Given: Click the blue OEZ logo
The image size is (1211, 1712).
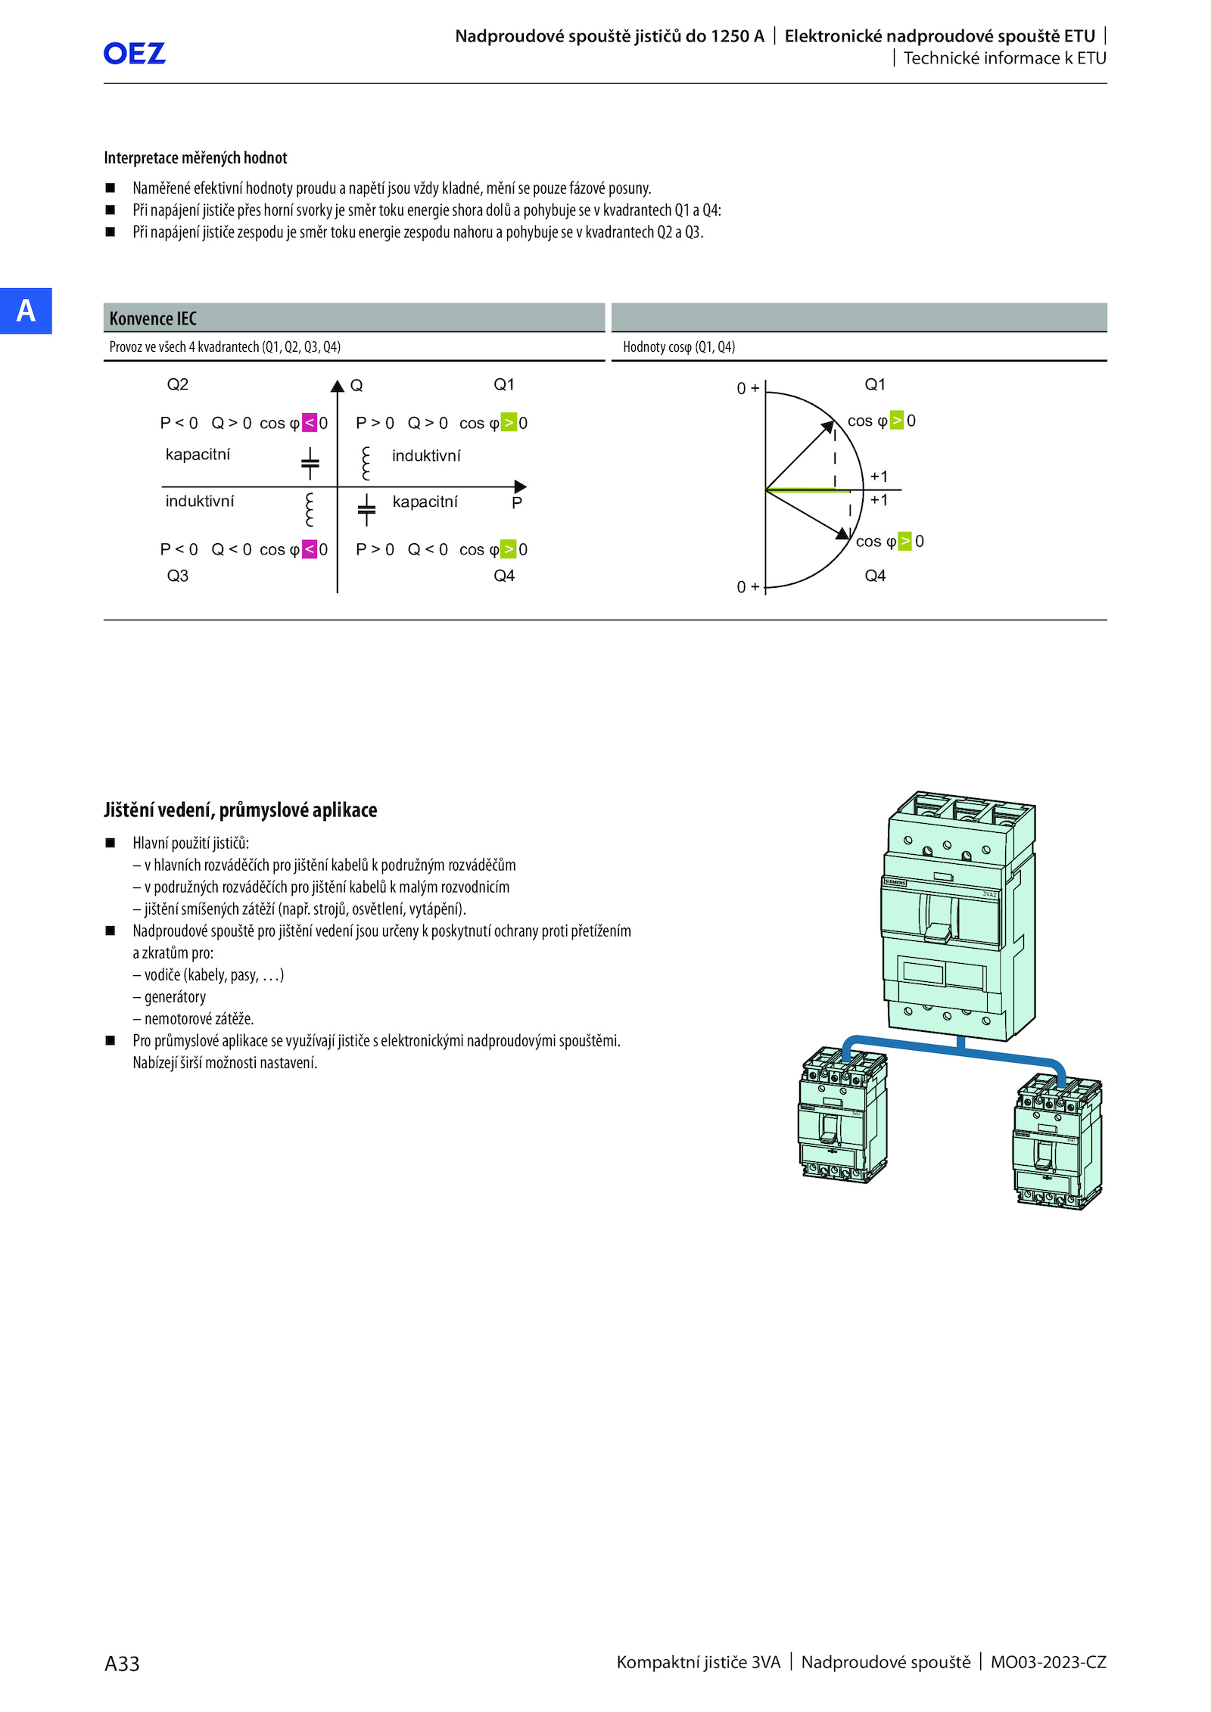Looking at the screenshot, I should pos(134,53).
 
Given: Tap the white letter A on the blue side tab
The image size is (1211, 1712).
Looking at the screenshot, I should pos(26,311).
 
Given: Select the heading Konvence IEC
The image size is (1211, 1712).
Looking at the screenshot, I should pos(153,318).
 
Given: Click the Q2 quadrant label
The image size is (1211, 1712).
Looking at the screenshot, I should pos(178,384).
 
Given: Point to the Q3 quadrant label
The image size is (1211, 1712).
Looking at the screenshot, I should pos(178,576).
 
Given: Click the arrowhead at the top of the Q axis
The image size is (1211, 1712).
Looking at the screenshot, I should pos(338,387).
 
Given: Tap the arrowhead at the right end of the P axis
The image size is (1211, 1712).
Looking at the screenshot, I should pos(520,486).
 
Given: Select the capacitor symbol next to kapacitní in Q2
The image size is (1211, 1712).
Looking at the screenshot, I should pos(310,464).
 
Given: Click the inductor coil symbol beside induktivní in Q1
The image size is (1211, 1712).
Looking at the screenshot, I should pos(366,463).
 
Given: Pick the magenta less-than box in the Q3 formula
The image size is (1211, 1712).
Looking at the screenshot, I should pos(310,549).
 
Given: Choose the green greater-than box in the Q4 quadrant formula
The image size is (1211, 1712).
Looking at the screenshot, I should pos(509,549).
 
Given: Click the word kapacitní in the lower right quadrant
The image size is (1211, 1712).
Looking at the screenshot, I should pos(425,502).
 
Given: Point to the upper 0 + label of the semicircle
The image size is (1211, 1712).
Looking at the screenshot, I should pos(748,388).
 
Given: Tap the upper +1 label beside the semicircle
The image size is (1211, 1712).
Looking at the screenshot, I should pos(879,477).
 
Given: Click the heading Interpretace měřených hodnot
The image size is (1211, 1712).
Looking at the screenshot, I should pos(195,158).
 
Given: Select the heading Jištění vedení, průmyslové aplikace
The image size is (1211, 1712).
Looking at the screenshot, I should pos(240,810).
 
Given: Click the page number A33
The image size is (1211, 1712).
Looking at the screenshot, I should pos(122,1664).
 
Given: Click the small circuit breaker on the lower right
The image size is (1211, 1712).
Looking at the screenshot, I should pos(1057,1142).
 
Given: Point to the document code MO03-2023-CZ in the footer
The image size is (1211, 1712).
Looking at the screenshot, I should pos(1048,1662).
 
